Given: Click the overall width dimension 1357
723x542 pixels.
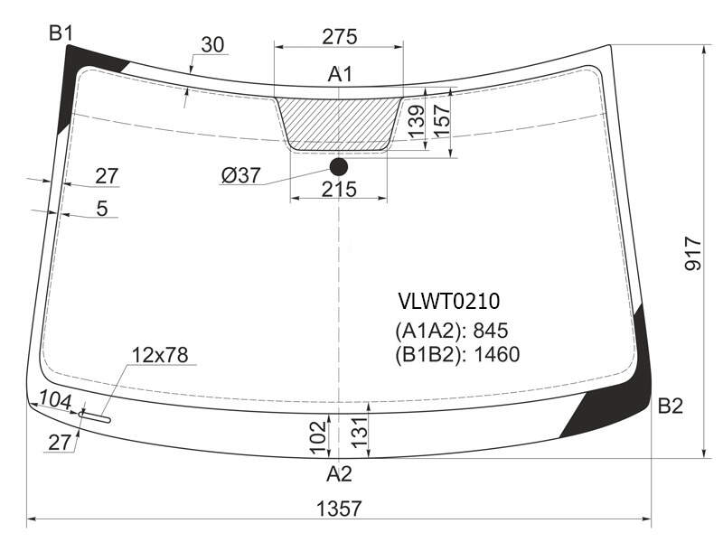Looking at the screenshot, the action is [x=339, y=509].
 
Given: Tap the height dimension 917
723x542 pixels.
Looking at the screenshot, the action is [x=692, y=254].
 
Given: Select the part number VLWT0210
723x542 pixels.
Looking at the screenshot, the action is [x=449, y=302].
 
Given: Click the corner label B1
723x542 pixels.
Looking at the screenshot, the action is [x=61, y=33].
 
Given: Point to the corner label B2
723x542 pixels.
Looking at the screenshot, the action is [x=670, y=406].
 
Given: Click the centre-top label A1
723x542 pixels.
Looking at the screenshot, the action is [x=340, y=74].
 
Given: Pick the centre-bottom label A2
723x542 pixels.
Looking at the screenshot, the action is [x=339, y=473].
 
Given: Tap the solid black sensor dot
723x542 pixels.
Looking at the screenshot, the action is [x=339, y=167].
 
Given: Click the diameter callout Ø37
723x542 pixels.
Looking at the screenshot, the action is [x=240, y=175].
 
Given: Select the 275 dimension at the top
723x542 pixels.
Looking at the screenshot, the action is [x=340, y=37].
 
